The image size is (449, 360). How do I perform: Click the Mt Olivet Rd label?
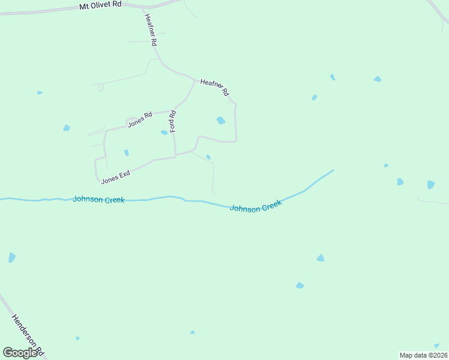point(100,5)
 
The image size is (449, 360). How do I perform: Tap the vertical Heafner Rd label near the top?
point(150,31)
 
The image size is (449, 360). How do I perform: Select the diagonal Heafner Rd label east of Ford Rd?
point(215,88)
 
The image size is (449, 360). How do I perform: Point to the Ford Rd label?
point(173,122)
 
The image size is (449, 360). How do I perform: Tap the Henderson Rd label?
point(28,332)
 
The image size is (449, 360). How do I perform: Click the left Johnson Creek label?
point(98,199)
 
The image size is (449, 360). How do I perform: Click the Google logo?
point(20,353)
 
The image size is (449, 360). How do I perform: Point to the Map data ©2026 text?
point(423,355)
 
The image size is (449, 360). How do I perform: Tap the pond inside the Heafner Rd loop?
point(221,121)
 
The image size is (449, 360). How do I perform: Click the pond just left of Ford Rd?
point(164,133)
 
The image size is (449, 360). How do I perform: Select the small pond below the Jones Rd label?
point(126,153)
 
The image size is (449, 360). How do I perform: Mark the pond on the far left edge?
point(11,257)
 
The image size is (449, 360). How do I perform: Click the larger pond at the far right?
point(430,185)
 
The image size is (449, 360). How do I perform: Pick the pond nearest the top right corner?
point(377,79)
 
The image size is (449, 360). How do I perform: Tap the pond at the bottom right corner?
point(437,346)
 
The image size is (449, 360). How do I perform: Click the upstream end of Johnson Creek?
point(333,170)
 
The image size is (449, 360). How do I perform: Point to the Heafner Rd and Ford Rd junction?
point(194,80)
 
